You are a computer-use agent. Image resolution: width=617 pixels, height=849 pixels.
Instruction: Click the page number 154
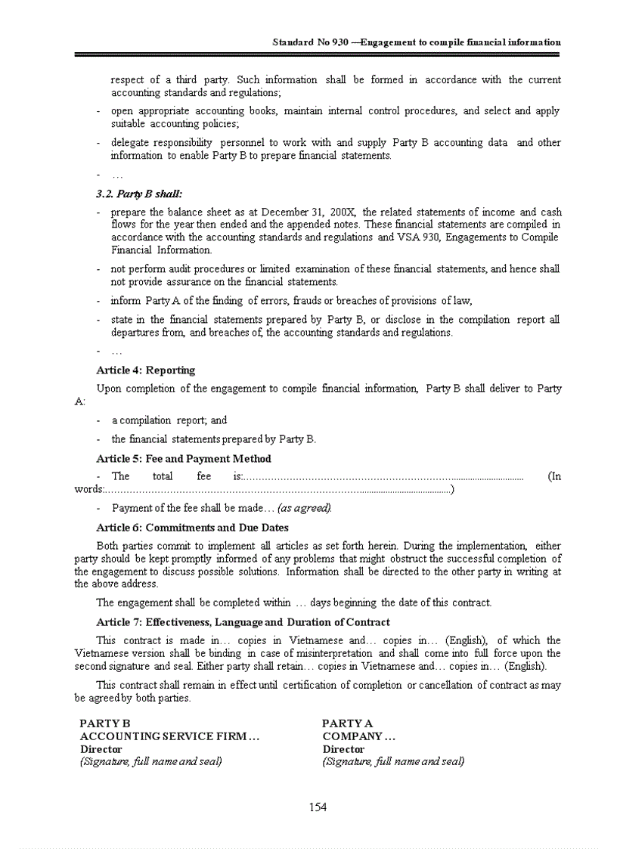click(318, 807)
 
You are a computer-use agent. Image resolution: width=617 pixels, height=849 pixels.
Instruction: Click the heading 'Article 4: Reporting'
click(145, 370)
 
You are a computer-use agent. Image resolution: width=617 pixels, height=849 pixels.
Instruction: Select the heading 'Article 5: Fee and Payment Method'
click(184, 459)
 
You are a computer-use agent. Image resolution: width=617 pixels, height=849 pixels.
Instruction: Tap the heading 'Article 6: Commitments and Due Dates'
click(192, 528)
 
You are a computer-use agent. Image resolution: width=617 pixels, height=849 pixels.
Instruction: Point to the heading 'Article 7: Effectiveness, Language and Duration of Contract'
click(243, 622)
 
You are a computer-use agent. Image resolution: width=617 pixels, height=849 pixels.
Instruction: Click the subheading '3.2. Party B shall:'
click(139, 194)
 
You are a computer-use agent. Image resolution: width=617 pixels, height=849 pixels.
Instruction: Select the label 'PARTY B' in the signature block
click(105, 724)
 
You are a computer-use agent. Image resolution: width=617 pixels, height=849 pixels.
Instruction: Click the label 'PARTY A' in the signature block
click(347, 724)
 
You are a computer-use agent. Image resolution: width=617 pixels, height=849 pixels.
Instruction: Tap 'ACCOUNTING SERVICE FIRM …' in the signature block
click(170, 736)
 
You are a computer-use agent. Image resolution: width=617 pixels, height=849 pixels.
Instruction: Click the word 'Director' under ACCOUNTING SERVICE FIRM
click(101, 749)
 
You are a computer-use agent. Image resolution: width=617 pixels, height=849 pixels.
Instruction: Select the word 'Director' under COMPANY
click(343, 749)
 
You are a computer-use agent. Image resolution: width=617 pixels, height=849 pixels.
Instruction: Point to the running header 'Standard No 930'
click(310, 42)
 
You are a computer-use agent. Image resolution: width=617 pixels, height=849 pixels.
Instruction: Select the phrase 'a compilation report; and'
click(169, 420)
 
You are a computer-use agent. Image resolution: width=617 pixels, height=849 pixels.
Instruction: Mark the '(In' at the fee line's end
click(553, 476)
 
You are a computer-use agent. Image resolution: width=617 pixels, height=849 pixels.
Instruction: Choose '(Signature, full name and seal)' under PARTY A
click(393, 762)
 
